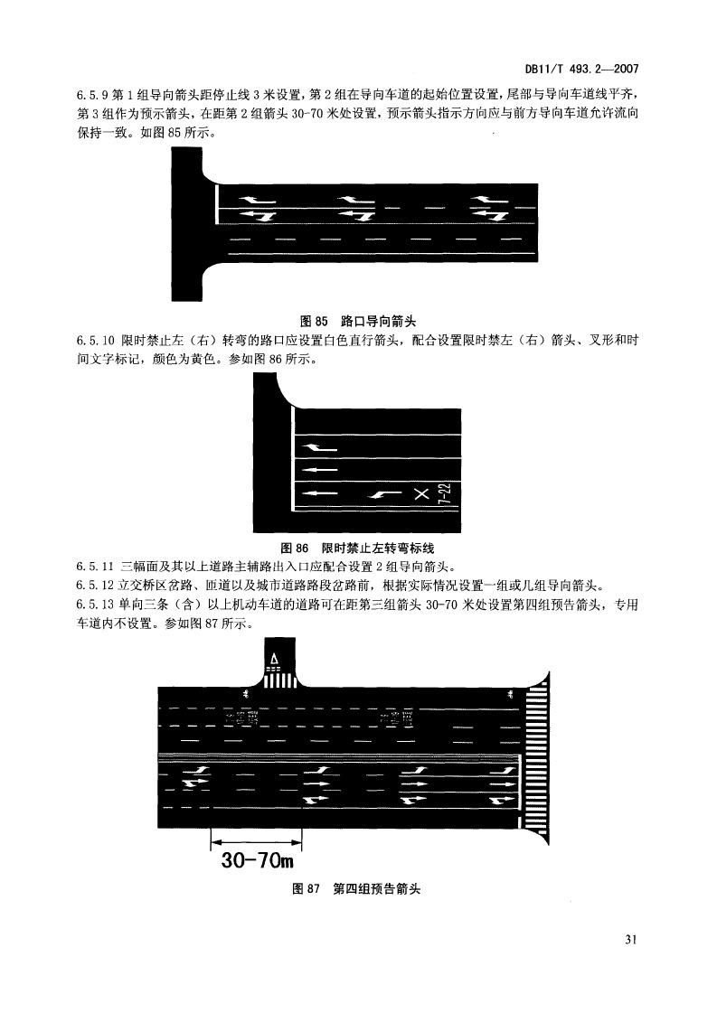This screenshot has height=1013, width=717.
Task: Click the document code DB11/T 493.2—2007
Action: pos(581,69)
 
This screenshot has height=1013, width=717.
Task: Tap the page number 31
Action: pos(631,939)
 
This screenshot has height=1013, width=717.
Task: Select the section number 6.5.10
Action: pos(95,341)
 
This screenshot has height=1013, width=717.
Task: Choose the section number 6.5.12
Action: pos(95,586)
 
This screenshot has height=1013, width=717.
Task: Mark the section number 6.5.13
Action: pos(95,605)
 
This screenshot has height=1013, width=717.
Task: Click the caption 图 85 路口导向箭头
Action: pos(358,321)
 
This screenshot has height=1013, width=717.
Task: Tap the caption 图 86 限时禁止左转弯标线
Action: pos(357,549)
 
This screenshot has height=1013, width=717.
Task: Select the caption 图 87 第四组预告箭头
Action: pos(356,889)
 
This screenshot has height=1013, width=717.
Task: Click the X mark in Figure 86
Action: pos(421,494)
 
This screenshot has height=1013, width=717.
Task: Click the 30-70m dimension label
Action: pos(258,860)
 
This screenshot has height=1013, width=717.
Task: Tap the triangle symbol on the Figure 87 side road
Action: pos(274,660)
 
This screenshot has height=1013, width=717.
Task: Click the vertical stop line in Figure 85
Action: pos(216,204)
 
